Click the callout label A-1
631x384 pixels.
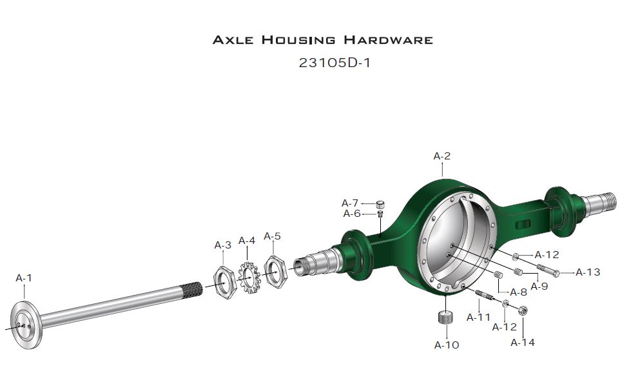click(24, 278)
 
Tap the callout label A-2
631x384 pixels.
click(442, 156)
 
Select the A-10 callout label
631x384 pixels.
click(447, 345)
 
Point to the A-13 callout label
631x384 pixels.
click(588, 272)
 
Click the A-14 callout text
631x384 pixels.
click(523, 343)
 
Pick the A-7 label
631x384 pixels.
click(350, 203)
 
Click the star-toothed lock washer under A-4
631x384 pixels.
click(249, 278)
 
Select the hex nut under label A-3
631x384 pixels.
click(224, 282)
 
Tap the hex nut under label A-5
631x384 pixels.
click(275, 270)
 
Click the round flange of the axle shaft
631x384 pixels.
click(25, 325)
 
